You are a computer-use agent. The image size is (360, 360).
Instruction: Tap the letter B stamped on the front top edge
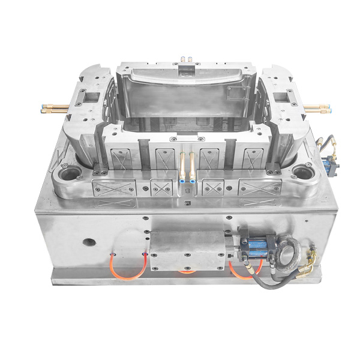point(187,191)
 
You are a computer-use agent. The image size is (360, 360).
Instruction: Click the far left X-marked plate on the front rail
point(113,187)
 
